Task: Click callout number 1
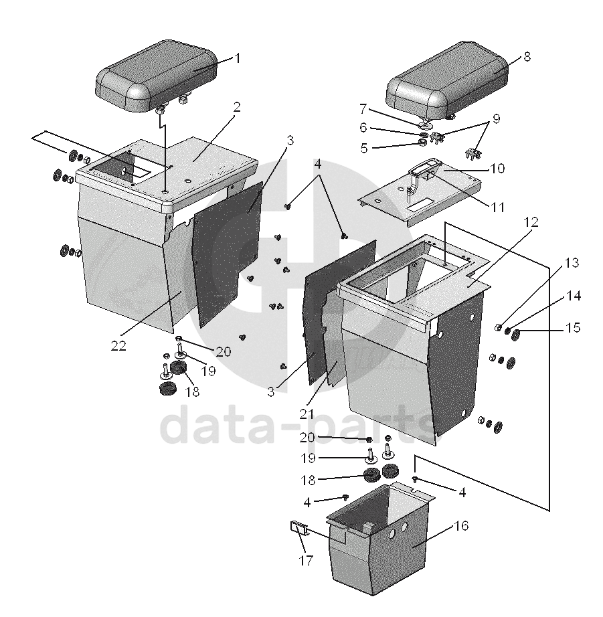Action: coord(237,58)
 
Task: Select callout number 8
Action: coord(527,57)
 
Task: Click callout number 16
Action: coord(461,526)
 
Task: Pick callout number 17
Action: coord(306,561)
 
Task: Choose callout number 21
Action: coord(306,414)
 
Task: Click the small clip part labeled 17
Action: coord(296,527)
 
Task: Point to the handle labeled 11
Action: coord(422,171)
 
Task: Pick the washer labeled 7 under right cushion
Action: coord(425,125)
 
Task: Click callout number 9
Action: coord(496,120)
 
